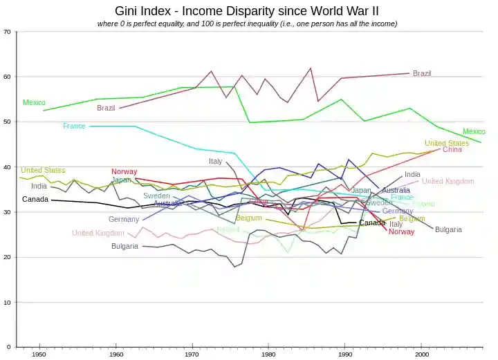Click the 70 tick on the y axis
(7, 32)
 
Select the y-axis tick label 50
(7, 122)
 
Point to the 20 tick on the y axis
(7, 257)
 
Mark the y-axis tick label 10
(7, 303)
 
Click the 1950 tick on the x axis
(39, 354)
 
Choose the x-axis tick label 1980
(268, 354)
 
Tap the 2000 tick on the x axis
(421, 354)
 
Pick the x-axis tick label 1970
(192, 354)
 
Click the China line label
(452, 149)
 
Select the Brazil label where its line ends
(422, 73)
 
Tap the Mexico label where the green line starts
(34, 103)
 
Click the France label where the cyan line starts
(74, 126)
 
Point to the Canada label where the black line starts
(35, 200)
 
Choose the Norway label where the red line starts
(124, 171)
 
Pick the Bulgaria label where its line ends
(448, 229)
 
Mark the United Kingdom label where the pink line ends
(448, 182)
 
